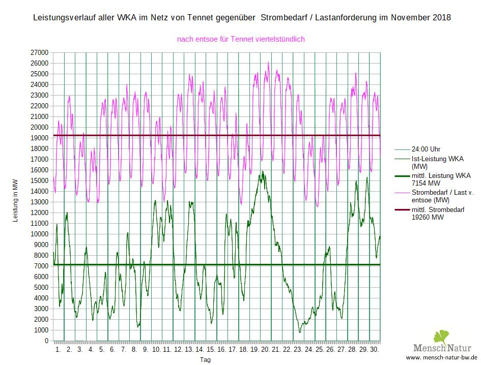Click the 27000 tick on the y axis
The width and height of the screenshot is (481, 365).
pos(39,52)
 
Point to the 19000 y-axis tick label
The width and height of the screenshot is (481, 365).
pos(39,138)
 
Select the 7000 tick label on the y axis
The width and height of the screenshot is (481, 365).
pos(41,266)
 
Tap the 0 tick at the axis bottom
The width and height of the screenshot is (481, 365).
pos(46,341)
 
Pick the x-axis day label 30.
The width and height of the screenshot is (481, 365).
pos(375,350)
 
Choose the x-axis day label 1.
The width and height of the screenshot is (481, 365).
pos(58,350)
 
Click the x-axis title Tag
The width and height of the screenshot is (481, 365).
pos(205,359)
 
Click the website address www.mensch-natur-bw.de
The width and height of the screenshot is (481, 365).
pos(440,358)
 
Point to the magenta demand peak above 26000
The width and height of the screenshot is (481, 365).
pos(268,63)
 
